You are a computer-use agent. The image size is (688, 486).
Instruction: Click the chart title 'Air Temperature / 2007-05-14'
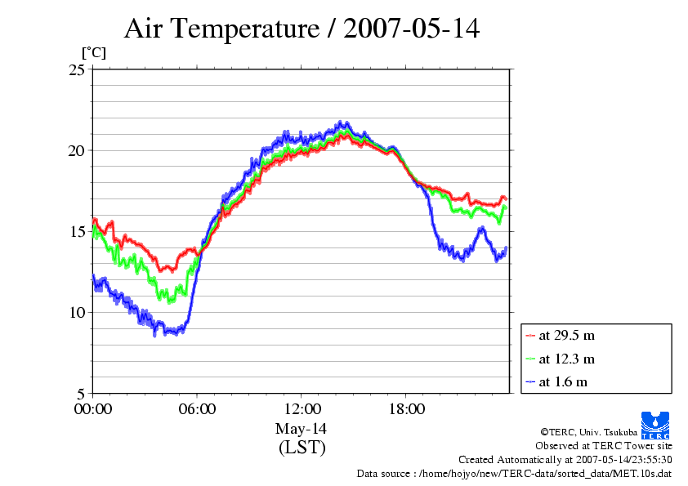pos(302,29)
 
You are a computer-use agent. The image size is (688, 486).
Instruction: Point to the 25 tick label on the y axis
pos(77,70)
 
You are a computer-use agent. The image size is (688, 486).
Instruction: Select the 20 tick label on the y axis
pos(77,151)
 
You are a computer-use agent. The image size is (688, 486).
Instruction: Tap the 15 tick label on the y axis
pos(77,232)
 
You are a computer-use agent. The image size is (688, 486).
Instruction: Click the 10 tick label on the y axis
pos(77,313)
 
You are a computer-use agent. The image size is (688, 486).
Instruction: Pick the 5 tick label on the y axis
pos(81,394)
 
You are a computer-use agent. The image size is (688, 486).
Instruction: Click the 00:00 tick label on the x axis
pos(92,409)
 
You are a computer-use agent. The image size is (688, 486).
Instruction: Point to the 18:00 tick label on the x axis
pos(406,409)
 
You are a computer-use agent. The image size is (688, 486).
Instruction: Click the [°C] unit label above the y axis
pos(93,53)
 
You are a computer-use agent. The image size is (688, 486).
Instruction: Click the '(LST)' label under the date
pos(302,448)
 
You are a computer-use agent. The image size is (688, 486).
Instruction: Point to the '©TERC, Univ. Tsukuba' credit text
pos(588,432)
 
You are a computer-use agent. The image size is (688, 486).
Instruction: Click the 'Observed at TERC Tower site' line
pos(603,446)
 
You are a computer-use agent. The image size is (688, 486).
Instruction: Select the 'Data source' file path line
pos(514,473)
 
